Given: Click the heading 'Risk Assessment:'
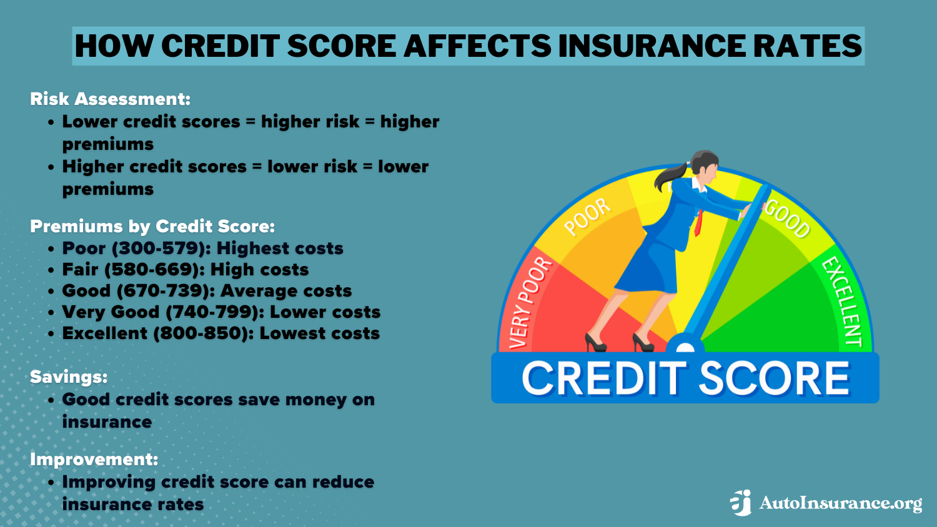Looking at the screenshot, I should [110, 99].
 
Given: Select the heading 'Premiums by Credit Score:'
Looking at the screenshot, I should [152, 226].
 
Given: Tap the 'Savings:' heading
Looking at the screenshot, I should [69, 377].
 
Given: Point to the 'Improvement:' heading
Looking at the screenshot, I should [94, 460].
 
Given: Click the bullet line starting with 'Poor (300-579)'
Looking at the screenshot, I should [202, 249].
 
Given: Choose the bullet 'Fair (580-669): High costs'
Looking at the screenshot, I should [186, 270].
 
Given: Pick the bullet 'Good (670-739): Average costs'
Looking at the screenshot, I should [207, 291].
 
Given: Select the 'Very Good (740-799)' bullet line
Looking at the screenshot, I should [221, 312].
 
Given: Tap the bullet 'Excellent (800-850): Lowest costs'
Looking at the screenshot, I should [221, 333].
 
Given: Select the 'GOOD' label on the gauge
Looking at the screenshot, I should [787, 219].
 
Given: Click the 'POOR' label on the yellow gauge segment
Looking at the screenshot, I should [587, 217].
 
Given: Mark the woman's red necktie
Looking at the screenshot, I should [698, 222].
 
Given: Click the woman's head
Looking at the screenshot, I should [703, 167].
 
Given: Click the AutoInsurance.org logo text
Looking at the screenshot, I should [840, 503].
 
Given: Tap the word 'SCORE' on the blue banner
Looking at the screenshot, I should [774, 378].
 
